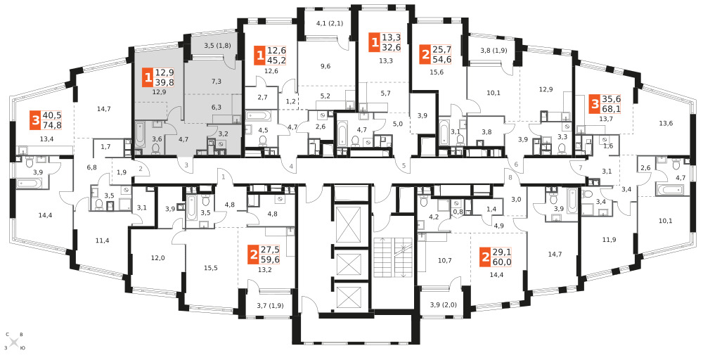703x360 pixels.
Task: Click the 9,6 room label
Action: pos(326,66)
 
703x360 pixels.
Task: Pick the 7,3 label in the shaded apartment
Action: pos(217,81)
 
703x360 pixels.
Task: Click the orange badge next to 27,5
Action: pos(254,255)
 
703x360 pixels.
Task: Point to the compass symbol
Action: pos(14,342)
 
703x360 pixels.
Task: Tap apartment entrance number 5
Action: pos(404,166)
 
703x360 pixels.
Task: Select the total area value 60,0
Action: pos(502,262)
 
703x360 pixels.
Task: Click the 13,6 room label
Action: pos(665,123)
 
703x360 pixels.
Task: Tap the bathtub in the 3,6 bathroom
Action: pos(139,134)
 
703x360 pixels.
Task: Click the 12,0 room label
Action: pos(157,258)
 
